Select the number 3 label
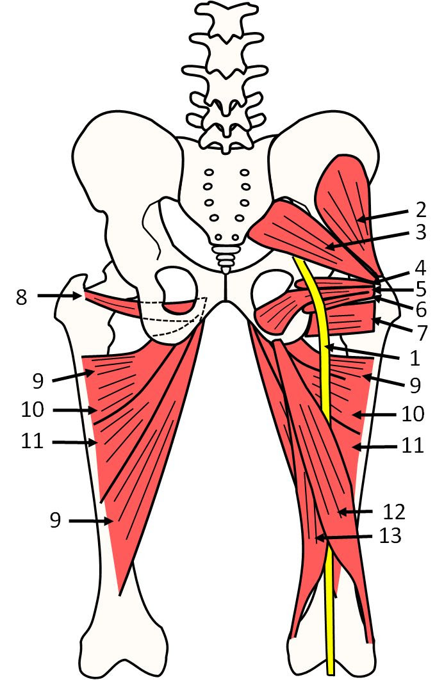[x=420, y=231]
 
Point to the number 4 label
[x=420, y=267]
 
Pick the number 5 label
[x=420, y=288]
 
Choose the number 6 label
[x=420, y=309]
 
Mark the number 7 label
[x=420, y=331]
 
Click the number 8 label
[x=22, y=297]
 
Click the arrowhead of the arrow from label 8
[x=79, y=296]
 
